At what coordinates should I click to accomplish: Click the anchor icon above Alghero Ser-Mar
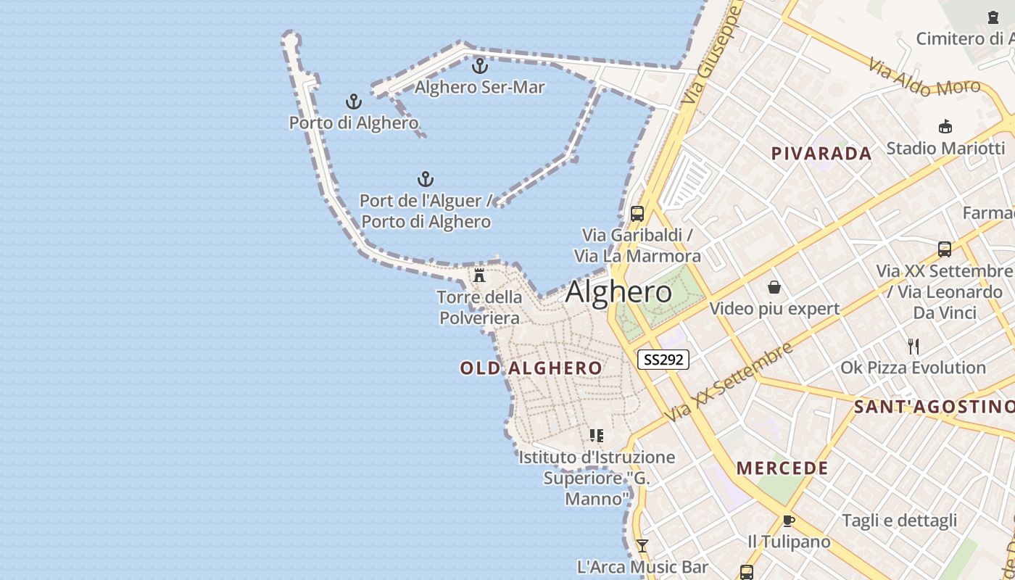pyautogui.click(x=479, y=67)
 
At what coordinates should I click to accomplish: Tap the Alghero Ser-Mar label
pyautogui.click(x=479, y=87)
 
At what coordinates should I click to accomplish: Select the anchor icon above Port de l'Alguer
pyautogui.click(x=426, y=179)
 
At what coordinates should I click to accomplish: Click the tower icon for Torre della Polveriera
pyautogui.click(x=478, y=275)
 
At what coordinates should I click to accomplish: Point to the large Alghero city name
pyautogui.click(x=618, y=291)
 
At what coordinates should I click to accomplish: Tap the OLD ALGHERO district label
pyautogui.click(x=531, y=368)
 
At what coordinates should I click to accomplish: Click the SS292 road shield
pyautogui.click(x=663, y=359)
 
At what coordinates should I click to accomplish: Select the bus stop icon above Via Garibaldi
pyautogui.click(x=637, y=214)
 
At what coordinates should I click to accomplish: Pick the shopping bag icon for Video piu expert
pyautogui.click(x=774, y=288)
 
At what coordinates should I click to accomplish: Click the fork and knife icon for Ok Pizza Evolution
pyautogui.click(x=913, y=347)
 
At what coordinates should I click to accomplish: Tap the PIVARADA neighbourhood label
pyautogui.click(x=821, y=154)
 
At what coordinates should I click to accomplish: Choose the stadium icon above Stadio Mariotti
pyautogui.click(x=945, y=127)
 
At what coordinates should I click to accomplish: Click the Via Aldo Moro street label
pyautogui.click(x=924, y=79)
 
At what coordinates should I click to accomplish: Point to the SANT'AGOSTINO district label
pyautogui.click(x=934, y=407)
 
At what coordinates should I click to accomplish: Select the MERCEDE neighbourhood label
pyautogui.click(x=782, y=468)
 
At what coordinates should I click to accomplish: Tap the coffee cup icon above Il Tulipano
pyautogui.click(x=789, y=521)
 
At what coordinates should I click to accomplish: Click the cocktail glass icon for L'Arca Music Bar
pyautogui.click(x=642, y=546)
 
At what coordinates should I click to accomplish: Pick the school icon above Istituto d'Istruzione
pyautogui.click(x=596, y=436)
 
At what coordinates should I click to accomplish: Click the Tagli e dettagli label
pyautogui.click(x=899, y=521)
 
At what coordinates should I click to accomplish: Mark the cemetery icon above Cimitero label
pyautogui.click(x=993, y=17)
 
